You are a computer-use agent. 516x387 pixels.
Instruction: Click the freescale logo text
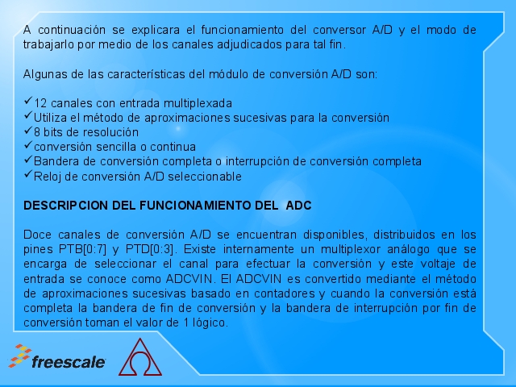[x=69, y=362]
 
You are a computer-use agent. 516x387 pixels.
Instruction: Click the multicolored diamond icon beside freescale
[x=20, y=356]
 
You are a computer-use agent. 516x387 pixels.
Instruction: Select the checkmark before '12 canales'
[x=28, y=101]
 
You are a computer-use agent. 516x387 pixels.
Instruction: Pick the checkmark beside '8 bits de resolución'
[x=28, y=130]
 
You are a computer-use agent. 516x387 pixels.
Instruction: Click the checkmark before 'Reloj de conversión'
[x=28, y=174]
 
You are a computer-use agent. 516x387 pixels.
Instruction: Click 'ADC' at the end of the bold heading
[x=298, y=206]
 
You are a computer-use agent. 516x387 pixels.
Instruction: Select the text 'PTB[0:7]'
[x=82, y=249]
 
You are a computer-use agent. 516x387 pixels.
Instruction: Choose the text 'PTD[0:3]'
[x=150, y=249]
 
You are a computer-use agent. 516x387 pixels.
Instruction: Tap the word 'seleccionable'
[x=205, y=177]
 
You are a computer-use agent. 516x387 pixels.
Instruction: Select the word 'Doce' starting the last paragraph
[x=37, y=235]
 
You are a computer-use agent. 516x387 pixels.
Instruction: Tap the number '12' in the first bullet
[x=40, y=103]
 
